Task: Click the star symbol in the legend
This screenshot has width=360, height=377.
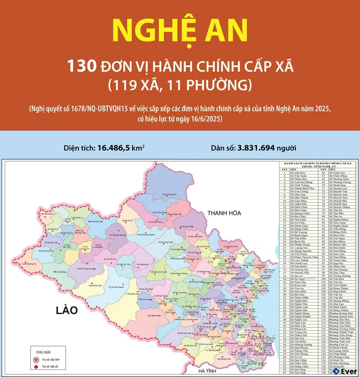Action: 35,358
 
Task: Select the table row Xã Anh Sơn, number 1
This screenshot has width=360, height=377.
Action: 300,173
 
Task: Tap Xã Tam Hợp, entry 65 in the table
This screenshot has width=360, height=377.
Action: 300,373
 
